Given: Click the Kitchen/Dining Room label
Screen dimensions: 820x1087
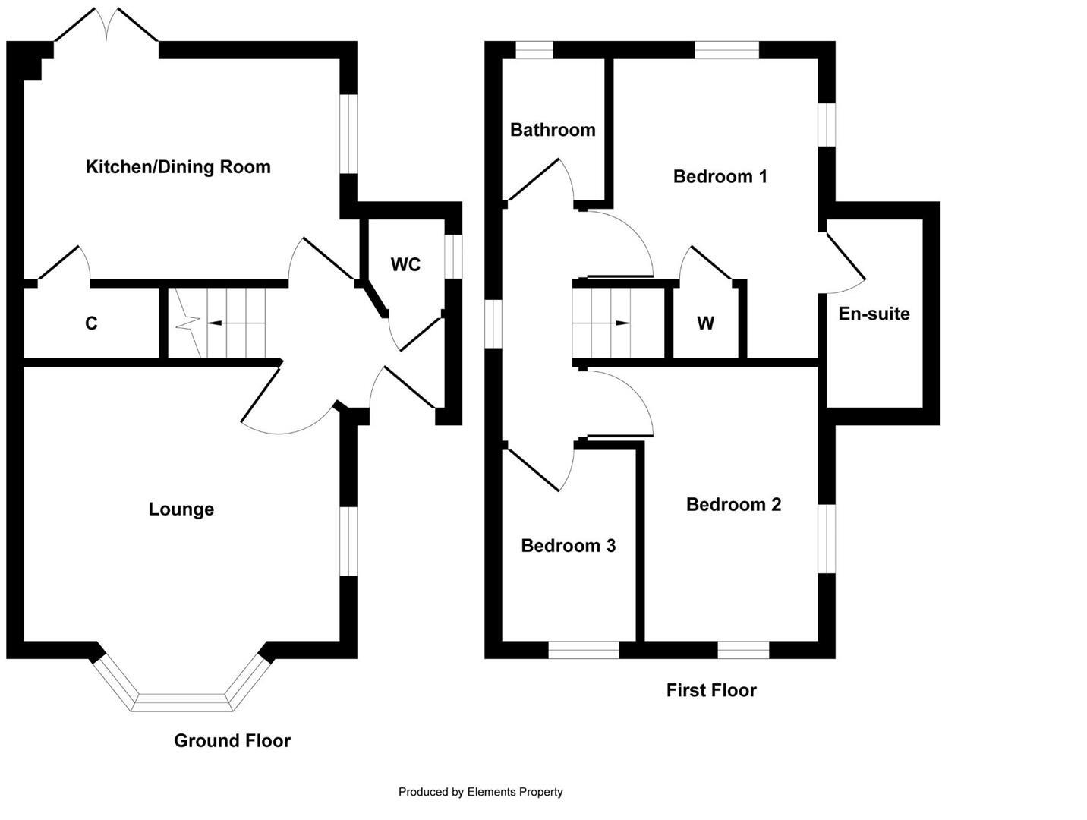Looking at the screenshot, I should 178,167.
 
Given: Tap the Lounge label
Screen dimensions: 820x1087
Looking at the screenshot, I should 181,509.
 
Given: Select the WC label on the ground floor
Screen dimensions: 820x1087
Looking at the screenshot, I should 405,265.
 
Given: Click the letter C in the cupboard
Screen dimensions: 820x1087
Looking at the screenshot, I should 91,324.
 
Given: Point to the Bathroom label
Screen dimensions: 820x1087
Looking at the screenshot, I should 553,130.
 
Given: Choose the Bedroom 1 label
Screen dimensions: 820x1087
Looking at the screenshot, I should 720,177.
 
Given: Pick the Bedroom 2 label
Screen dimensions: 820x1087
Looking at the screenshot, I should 733,505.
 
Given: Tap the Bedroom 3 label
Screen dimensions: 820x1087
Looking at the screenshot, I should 568,546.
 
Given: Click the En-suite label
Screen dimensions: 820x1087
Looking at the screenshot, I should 874,314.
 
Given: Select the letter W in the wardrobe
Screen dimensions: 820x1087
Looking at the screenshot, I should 705,324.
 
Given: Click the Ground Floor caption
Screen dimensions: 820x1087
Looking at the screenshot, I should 232,741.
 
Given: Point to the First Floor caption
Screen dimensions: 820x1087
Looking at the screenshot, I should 711,690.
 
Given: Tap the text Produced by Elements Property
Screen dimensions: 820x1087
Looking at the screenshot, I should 480,792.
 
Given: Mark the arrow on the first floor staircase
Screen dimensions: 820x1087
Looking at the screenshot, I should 622,323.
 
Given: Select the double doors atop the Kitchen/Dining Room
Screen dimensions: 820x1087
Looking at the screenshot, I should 106,26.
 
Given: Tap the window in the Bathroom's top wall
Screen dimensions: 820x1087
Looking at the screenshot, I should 534,50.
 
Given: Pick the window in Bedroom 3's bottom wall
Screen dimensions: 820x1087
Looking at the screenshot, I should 584,650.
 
